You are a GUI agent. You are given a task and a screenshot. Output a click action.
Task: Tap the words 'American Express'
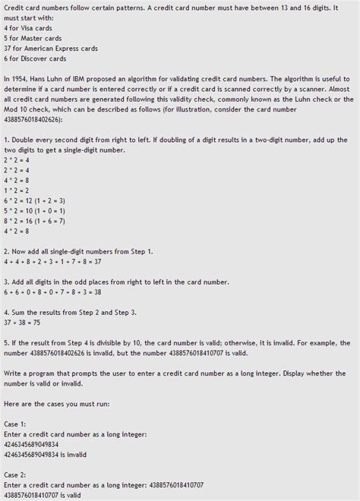pyautogui.click(x=53, y=49)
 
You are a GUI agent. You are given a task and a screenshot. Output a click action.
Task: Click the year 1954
pyautogui.click(x=19, y=78)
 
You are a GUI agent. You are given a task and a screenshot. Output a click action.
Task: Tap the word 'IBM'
pyautogui.click(x=86, y=78)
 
